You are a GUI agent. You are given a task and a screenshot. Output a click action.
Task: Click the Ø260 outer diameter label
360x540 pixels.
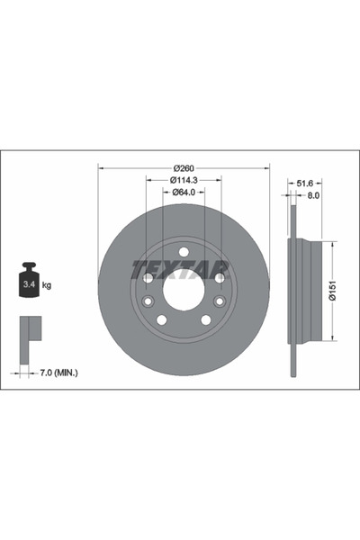coord(184,168)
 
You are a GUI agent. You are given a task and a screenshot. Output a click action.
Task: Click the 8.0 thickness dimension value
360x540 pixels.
coord(313,193)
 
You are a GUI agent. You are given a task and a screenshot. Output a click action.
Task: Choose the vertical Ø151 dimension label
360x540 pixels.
coord(332,291)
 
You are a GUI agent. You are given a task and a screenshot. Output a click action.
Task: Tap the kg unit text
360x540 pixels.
coord(47,285)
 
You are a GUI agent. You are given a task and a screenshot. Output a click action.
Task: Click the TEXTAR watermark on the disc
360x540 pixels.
coord(183,267)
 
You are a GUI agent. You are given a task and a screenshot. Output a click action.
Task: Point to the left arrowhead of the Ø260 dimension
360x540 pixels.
coord(101,168)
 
